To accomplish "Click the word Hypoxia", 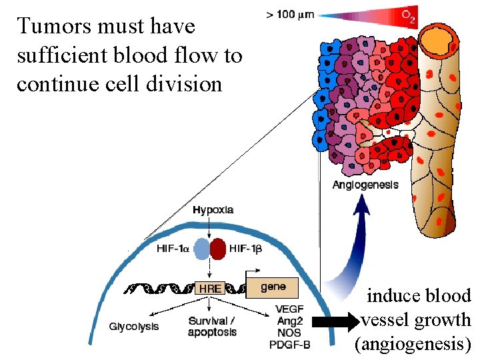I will pos(213,209).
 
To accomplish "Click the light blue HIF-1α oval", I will pos(202,249).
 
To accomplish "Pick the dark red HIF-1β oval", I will pos(218,249).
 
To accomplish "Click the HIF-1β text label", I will pos(245,249).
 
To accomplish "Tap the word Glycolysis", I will pos(134,326).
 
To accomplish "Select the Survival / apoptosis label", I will pos(212,327).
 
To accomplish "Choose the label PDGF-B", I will pos(289,345).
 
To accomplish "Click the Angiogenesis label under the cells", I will pos(365,185).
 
